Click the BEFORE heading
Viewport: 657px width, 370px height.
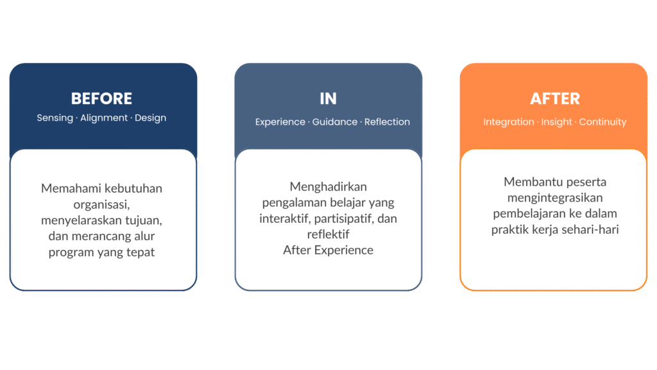[101, 99]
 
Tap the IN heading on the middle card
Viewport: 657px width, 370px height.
[328, 99]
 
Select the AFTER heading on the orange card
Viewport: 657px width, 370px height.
[555, 99]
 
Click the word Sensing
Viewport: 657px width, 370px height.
[55, 118]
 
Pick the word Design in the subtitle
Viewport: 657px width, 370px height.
[152, 118]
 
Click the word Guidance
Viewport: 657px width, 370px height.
[335, 122]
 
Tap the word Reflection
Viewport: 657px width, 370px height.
[387, 122]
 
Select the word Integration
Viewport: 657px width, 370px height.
[508, 122]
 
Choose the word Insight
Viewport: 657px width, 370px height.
[556, 122]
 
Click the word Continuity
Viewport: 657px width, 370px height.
[602, 122]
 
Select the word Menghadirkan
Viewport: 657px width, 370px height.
[328, 187]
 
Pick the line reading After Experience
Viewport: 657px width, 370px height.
[328, 251]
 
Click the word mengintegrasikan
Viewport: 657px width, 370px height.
[555, 198]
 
